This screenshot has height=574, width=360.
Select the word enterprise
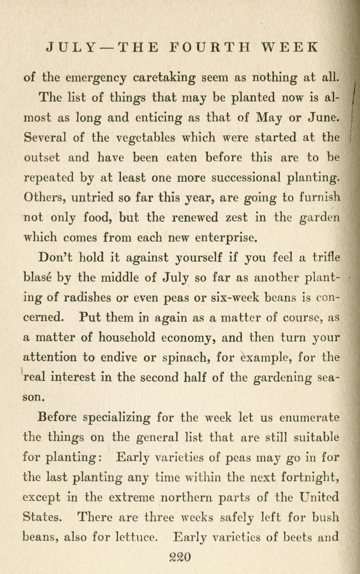pyautogui.click(x=226, y=238)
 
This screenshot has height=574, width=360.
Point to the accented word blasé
pyautogui.click(x=37, y=277)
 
